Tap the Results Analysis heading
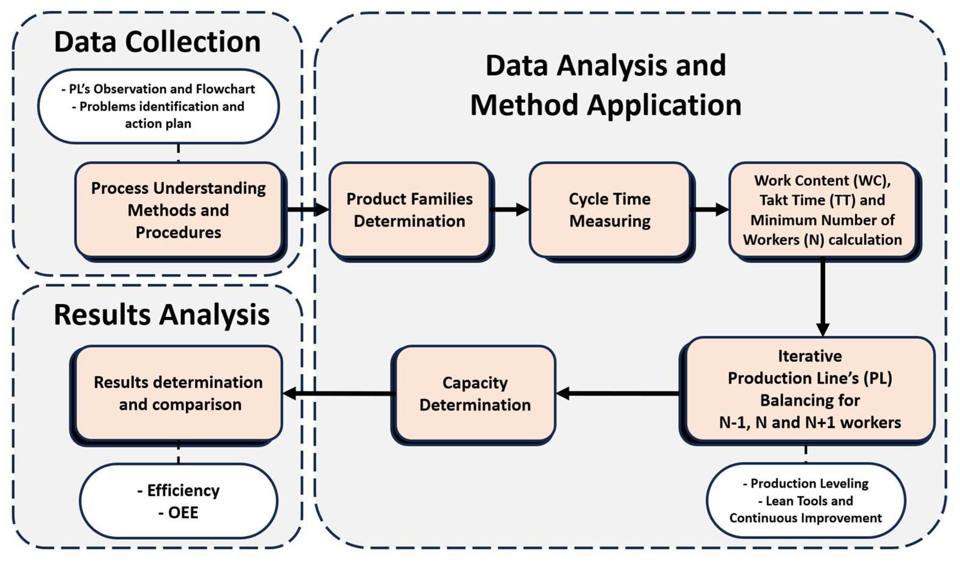(x=162, y=315)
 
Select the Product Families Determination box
(x=410, y=210)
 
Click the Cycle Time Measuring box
(x=610, y=210)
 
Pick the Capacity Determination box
(x=474, y=394)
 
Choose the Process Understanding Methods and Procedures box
(x=178, y=210)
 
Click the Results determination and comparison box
(x=178, y=393)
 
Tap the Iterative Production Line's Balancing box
(x=810, y=389)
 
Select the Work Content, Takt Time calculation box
(x=822, y=210)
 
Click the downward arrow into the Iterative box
(x=822, y=297)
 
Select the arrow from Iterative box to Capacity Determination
(x=617, y=393)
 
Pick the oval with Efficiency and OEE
(x=178, y=501)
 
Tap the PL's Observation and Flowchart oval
(x=158, y=106)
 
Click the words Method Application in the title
(x=606, y=105)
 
